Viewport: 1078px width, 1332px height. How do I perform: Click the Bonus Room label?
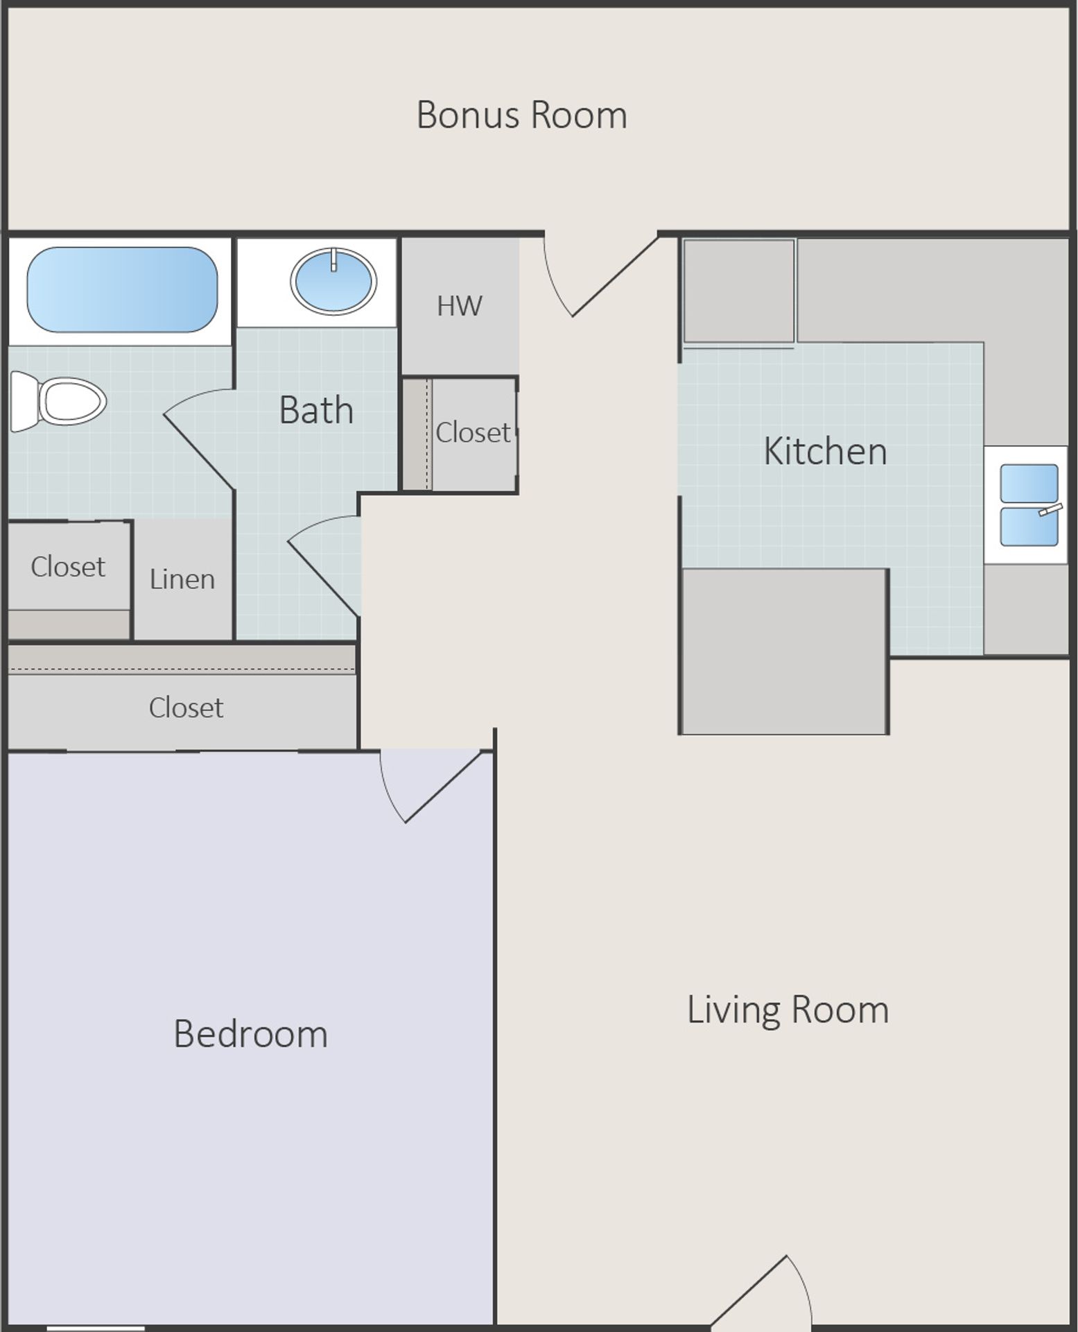pos(521,115)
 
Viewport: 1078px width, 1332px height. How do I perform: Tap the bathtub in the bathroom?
pos(122,289)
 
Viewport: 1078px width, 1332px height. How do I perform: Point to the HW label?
pos(459,306)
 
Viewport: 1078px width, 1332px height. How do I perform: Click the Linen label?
pos(182,579)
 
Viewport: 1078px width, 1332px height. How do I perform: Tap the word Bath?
pos(316,410)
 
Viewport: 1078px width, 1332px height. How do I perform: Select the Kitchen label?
pos(825,452)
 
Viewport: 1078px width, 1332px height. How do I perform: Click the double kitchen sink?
pos(1028,505)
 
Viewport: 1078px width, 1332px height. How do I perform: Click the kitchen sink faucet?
pos(1050,510)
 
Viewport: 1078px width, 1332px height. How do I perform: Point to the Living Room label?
pos(788,1009)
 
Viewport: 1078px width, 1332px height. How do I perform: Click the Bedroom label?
pos(250,1034)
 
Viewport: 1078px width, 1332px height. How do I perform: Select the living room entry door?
pos(763,1292)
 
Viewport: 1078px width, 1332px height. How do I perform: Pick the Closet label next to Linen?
pos(68,567)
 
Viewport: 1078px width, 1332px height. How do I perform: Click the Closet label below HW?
pos(473,433)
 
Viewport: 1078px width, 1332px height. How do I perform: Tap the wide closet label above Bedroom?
pos(186,708)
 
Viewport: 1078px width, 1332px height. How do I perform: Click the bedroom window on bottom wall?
pos(96,1328)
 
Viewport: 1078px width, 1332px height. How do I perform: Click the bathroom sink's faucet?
pos(333,260)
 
